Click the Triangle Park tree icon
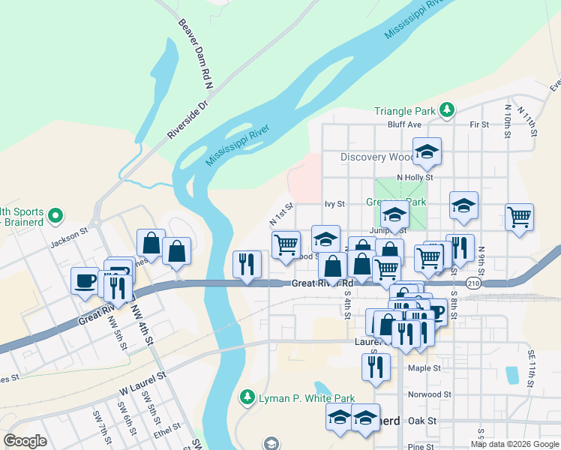[x=447, y=111]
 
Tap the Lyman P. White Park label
[x=300, y=397]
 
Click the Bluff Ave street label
[x=404, y=124]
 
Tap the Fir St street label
[x=478, y=124]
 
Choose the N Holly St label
[x=415, y=178]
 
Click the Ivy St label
[x=334, y=203]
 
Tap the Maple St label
[x=424, y=368]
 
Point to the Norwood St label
[x=429, y=394]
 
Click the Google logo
[x=25, y=440]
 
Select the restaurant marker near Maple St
[x=375, y=366]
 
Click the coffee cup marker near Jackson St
[x=84, y=280]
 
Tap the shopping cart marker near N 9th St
[x=519, y=217]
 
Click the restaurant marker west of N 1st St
[x=247, y=263]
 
